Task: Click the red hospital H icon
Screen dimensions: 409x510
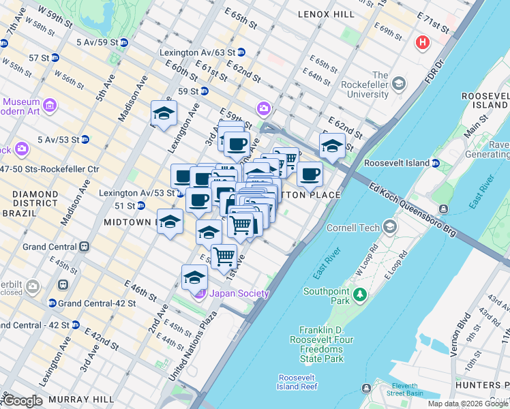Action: pos(423,42)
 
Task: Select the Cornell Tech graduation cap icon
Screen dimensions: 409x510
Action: pos(389,226)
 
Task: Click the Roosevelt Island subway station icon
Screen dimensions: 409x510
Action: pos(435,164)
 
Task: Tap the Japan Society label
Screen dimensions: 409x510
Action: pos(239,294)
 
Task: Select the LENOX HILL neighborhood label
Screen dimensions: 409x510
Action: pos(326,14)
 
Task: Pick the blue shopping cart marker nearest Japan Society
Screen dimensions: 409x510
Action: pos(224,257)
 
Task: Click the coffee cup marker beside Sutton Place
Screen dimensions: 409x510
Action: pos(310,175)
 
